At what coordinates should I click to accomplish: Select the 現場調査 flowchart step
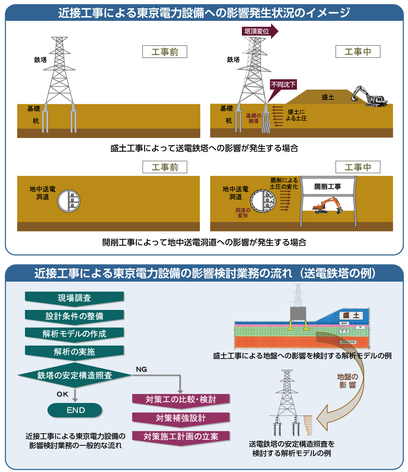tap(75, 298)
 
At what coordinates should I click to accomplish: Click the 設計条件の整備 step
tap(75, 316)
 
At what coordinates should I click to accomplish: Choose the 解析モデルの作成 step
tap(75, 334)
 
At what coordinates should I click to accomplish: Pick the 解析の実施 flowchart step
tap(75, 352)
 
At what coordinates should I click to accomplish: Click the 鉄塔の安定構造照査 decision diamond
tap(75, 375)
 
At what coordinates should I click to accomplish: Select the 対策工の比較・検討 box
tap(181, 400)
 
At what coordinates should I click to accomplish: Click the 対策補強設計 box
tap(181, 418)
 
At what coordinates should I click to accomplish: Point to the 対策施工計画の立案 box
tap(181, 436)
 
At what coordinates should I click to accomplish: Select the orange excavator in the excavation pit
tap(327, 205)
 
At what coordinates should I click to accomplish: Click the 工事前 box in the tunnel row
tap(164, 167)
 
